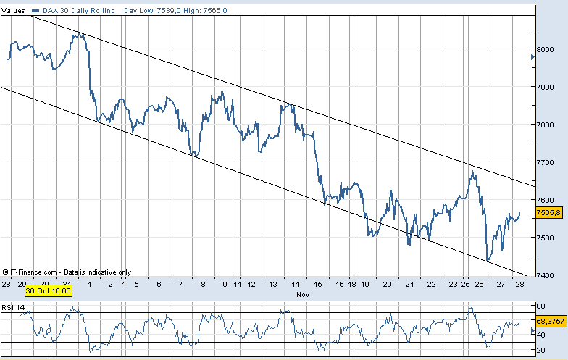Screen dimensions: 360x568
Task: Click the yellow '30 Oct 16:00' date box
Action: [49, 290]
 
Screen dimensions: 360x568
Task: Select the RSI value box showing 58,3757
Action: [551, 320]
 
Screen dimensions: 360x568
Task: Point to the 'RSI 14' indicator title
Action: [14, 307]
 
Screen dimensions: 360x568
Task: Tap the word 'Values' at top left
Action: [14, 11]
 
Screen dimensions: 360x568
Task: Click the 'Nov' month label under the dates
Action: [304, 295]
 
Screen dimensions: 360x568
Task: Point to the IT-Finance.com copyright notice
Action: [66, 272]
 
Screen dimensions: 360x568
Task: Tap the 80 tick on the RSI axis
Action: [541, 306]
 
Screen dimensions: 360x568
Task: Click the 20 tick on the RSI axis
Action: [541, 350]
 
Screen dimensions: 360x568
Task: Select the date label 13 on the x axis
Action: [272, 285]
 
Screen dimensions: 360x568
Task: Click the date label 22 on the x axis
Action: [431, 285]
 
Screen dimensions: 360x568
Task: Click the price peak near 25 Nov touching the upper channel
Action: [472, 172]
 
